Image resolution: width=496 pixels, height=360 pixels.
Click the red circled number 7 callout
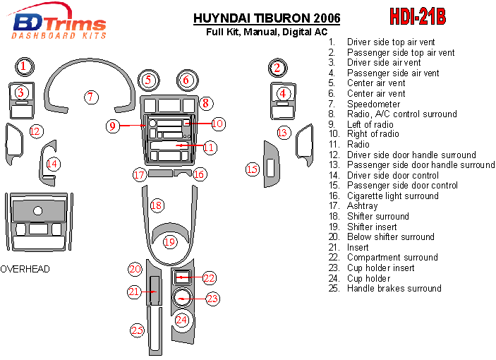click(x=92, y=97)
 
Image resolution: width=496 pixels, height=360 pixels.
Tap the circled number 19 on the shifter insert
click(x=169, y=242)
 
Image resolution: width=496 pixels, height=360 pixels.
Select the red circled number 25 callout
click(x=137, y=330)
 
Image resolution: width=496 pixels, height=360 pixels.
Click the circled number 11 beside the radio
click(x=209, y=148)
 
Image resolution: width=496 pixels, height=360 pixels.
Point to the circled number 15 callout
click(x=253, y=169)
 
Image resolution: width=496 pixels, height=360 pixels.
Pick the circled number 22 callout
click(x=209, y=278)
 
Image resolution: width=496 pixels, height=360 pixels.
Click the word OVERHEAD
click(x=25, y=269)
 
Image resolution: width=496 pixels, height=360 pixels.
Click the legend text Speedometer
click(x=373, y=104)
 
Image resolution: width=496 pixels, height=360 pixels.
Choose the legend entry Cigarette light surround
click(x=392, y=196)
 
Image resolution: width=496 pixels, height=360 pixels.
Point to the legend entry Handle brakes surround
click(x=394, y=288)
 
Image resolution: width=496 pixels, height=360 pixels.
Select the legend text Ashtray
click(x=363, y=206)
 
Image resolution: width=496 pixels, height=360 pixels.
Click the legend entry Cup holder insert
click(x=380, y=268)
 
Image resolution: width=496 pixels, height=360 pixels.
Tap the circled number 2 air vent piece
click(x=278, y=68)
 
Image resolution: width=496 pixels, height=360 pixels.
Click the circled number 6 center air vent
click(x=186, y=80)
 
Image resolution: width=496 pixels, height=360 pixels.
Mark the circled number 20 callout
click(x=135, y=269)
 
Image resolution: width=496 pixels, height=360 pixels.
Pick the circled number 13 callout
click(x=284, y=132)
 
